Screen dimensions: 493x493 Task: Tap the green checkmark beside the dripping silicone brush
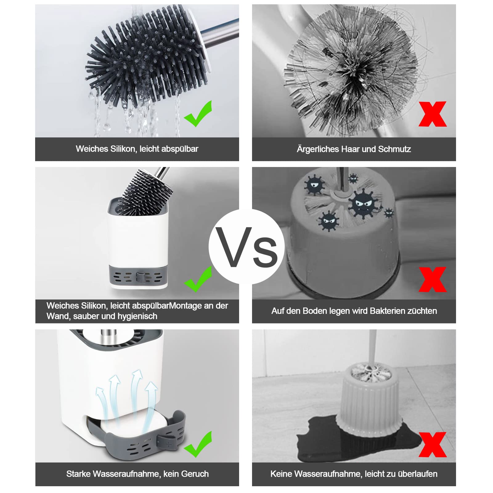[198, 114]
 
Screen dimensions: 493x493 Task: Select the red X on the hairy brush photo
[433, 114]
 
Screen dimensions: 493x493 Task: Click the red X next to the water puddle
[433, 444]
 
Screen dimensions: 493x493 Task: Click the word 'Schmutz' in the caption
[394, 149]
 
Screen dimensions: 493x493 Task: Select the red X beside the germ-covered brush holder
[433, 279]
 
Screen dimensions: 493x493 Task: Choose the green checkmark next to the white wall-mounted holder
[198, 279]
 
